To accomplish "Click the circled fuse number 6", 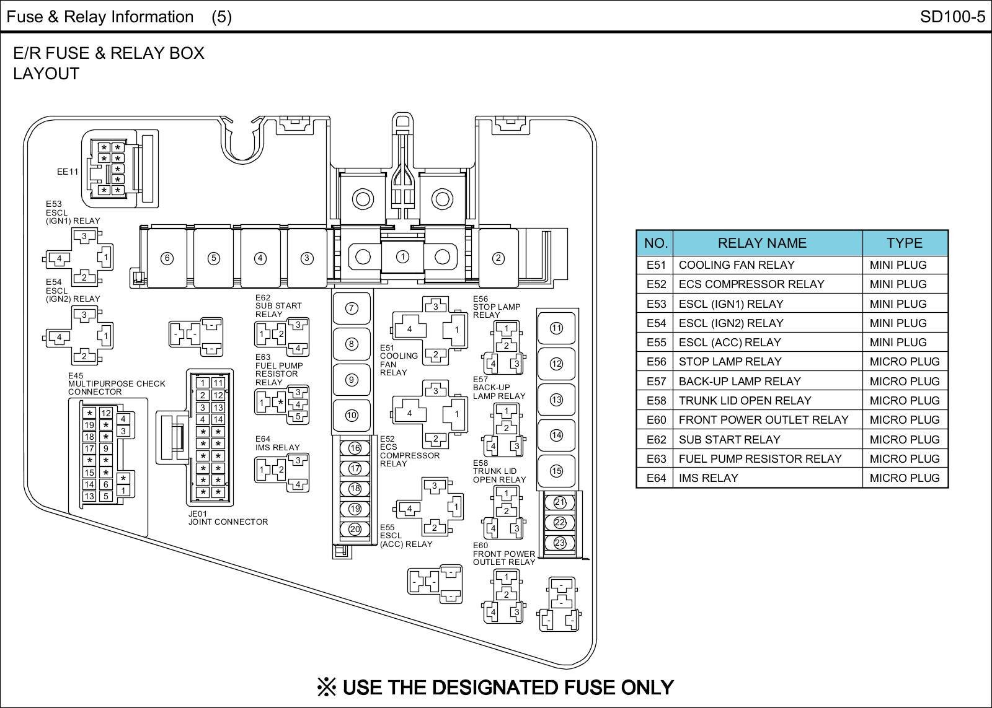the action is pos(167,258).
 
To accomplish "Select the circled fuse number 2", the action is pos(498,258).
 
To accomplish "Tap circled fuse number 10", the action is pos(352,415).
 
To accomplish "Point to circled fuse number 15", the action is pos(556,471).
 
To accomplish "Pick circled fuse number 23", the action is pos(560,543).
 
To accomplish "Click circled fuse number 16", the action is pos(355,448).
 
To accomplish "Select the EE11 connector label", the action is pos(68,172).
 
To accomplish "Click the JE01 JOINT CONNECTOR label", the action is pos(228,518).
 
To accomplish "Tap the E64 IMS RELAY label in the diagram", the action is pos(277,443).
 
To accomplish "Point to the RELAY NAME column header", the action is pos(762,243).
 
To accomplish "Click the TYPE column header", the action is pos(904,243).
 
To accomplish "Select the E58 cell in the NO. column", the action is pos(655,400).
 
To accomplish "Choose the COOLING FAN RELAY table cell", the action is pos(736,264).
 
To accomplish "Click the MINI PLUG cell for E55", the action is pos(898,342).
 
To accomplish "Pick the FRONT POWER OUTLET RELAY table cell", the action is pos(763,419).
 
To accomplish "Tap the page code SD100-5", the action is pos(952,17).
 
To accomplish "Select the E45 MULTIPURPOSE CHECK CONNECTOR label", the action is pos(117,383).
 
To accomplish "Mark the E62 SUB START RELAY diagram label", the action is pos(278,306).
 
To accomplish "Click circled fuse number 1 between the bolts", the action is pos(402,256).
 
